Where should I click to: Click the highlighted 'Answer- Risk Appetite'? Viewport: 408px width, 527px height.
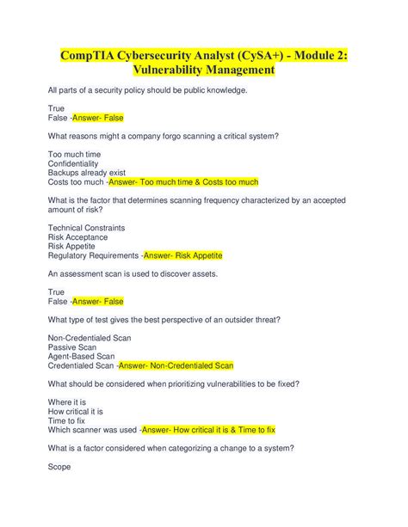[x=182, y=255]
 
